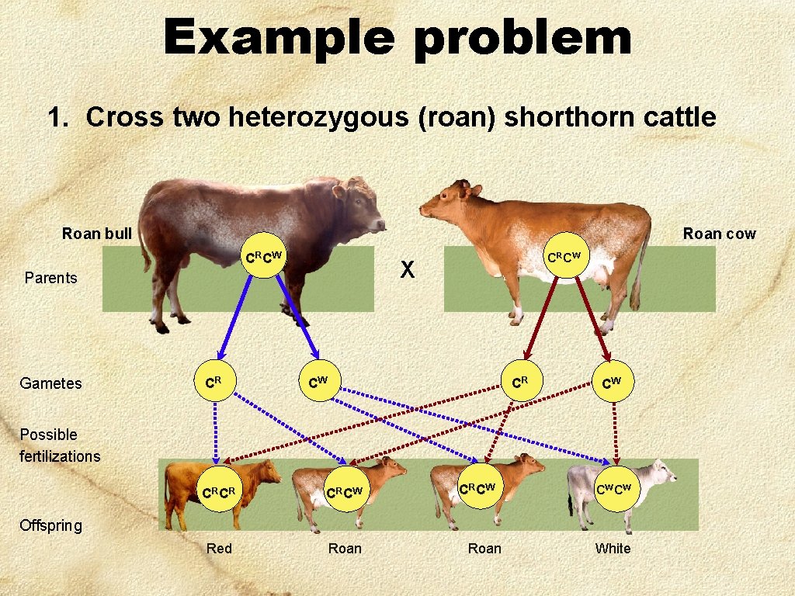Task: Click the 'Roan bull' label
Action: [x=97, y=234]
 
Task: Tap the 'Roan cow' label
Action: [x=719, y=234]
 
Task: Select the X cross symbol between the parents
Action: [x=408, y=269]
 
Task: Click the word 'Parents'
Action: [x=51, y=278]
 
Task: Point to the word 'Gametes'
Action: [x=50, y=383]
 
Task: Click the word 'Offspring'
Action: [x=50, y=525]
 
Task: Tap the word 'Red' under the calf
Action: [x=219, y=549]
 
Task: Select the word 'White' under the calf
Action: [x=613, y=549]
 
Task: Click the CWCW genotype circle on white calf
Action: [x=613, y=489]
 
